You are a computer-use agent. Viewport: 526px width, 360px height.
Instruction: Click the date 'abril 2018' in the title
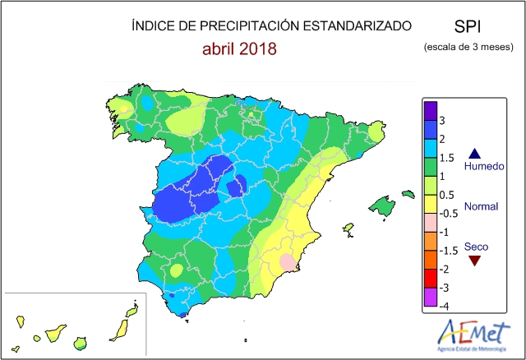click(x=240, y=49)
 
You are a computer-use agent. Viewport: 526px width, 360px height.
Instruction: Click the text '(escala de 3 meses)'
click(x=468, y=47)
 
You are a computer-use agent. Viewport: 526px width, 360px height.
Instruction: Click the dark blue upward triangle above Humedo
click(x=474, y=153)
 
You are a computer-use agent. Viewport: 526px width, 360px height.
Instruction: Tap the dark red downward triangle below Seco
click(x=474, y=261)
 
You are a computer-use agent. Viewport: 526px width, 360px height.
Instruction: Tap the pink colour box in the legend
click(x=430, y=223)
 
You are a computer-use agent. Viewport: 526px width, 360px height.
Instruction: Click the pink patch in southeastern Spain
click(x=287, y=261)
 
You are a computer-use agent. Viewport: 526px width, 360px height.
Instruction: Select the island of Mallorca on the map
click(x=381, y=204)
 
